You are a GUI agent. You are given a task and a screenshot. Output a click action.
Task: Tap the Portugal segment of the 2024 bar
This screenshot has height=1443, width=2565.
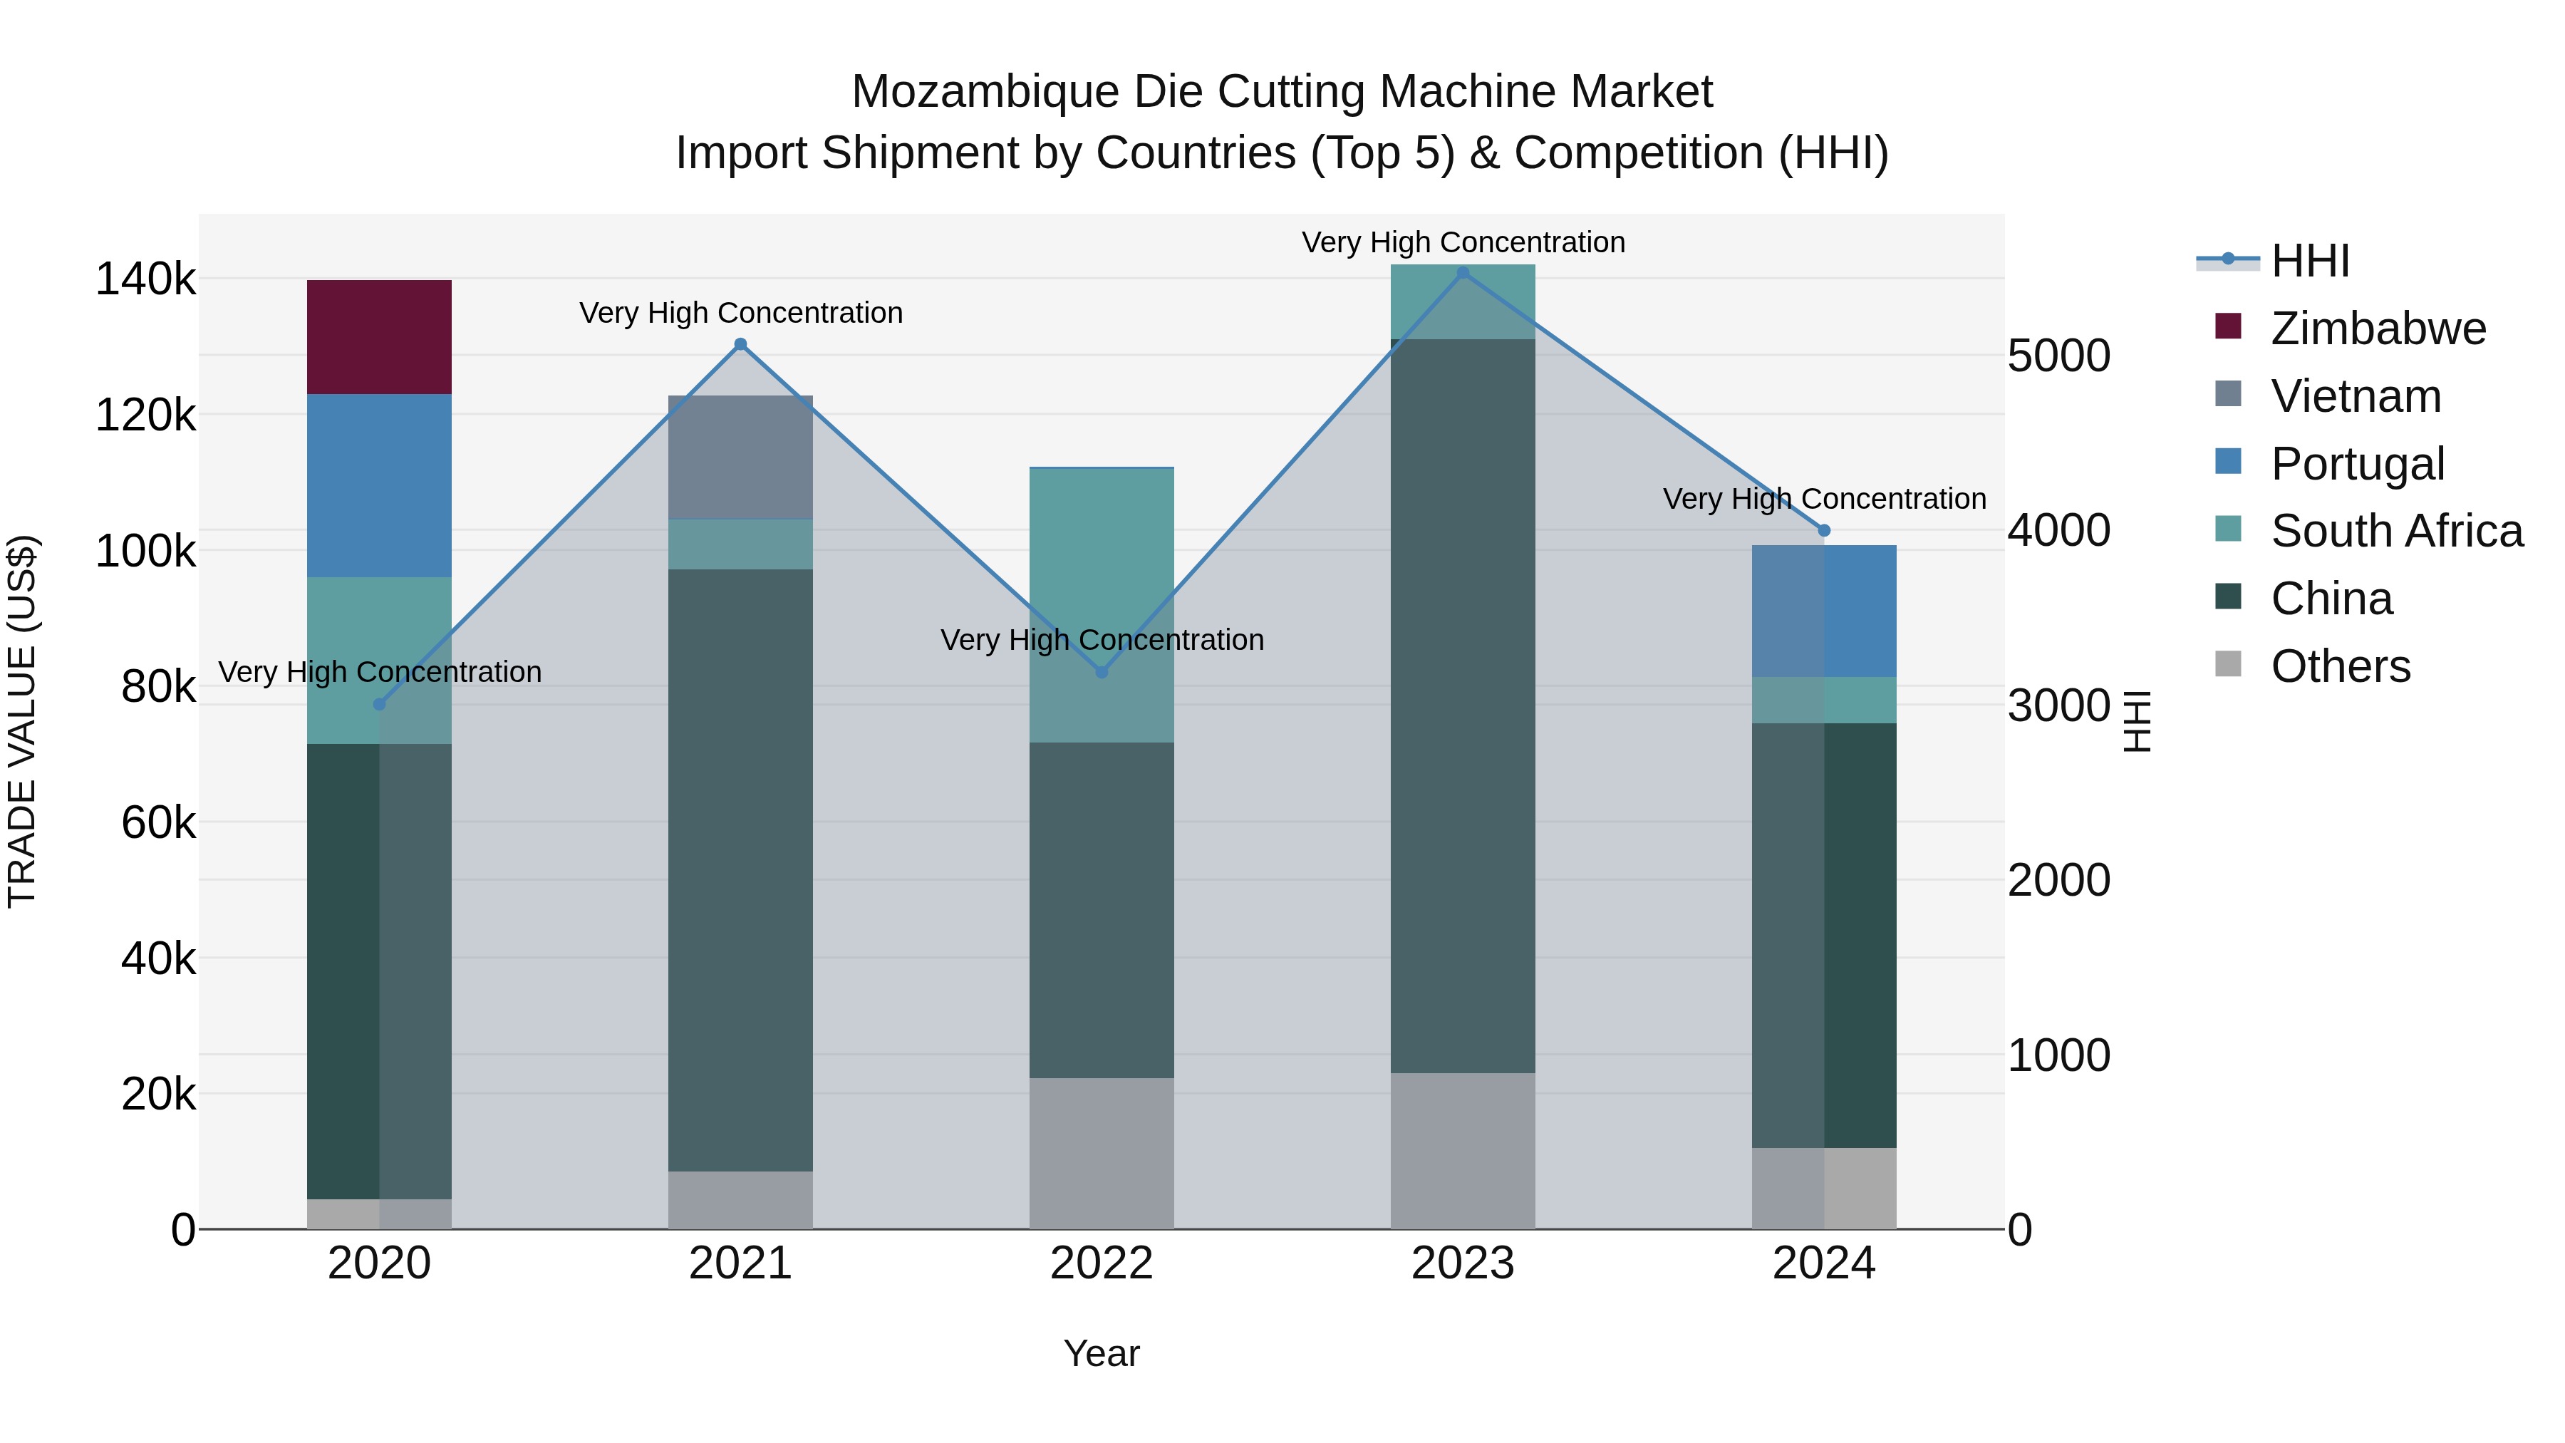tap(1823, 611)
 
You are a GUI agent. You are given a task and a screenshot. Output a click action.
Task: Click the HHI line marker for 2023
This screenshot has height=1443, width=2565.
tap(1462, 273)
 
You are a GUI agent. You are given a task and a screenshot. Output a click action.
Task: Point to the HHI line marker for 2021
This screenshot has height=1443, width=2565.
tap(740, 345)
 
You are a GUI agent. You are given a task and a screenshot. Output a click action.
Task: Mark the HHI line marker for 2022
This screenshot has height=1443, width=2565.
tap(1102, 672)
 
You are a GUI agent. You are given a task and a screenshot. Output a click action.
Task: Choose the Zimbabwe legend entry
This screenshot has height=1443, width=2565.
tap(2378, 329)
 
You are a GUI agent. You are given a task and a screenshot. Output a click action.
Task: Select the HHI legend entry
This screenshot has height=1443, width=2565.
tap(2309, 261)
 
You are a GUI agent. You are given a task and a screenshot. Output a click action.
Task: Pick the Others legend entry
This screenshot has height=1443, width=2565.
tap(2340, 666)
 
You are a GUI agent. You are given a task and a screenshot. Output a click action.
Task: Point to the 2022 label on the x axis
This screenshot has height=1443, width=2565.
tap(1102, 1263)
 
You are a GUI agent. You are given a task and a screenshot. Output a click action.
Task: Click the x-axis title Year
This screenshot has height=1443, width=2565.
tap(1102, 1353)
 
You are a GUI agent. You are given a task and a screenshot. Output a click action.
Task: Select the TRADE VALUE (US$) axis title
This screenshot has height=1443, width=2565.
tap(23, 721)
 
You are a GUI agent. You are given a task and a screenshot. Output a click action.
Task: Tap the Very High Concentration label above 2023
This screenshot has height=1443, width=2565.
tap(1463, 242)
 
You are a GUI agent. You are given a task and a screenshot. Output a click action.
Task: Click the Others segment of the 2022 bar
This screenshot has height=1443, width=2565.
tap(1102, 1153)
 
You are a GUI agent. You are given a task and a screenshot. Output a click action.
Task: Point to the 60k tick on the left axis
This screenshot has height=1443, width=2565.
tap(157, 822)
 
